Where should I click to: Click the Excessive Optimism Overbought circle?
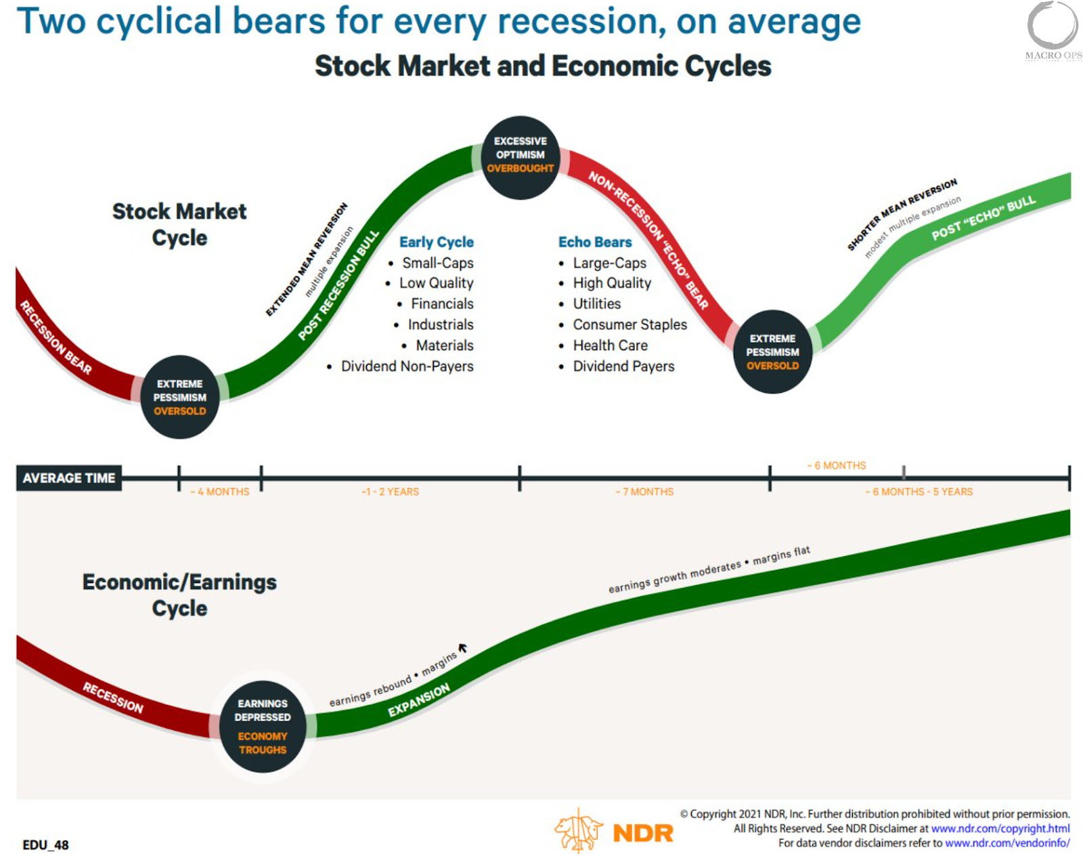tap(521, 158)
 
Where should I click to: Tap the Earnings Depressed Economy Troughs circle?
tap(263, 727)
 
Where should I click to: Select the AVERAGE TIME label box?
tap(69, 478)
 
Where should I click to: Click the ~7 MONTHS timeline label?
tap(644, 492)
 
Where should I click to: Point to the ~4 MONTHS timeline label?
tap(220, 492)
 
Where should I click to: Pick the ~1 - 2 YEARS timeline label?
tap(390, 492)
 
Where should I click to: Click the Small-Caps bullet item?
tap(430, 263)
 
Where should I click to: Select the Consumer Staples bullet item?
tap(623, 324)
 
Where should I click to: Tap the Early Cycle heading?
tap(437, 242)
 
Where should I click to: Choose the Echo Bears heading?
tap(595, 242)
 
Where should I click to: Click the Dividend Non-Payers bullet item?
tap(400, 366)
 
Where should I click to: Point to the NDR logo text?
tap(643, 834)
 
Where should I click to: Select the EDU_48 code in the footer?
tap(45, 845)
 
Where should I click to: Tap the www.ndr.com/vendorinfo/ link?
tap(1007, 843)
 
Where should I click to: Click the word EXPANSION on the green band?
tap(419, 700)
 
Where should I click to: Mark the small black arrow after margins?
tap(462, 647)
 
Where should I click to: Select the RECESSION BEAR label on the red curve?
tap(56, 337)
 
